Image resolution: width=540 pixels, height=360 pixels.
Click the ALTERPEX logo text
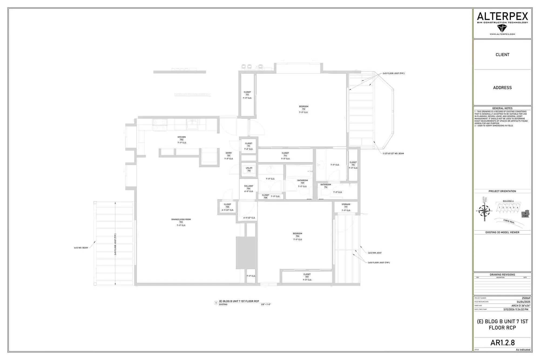tap(502, 17)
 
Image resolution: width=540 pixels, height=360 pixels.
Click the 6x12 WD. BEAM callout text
tap(81, 248)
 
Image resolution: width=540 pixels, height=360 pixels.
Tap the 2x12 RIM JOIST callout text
tap(375, 253)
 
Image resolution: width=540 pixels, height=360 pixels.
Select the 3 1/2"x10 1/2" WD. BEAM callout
tap(393, 153)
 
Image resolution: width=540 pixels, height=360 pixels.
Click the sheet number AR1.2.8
tap(502, 342)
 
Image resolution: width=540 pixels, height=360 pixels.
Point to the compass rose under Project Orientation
tap(485, 211)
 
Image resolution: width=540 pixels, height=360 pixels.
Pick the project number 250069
tap(526, 298)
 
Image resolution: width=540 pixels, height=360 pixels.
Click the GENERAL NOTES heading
tap(502, 108)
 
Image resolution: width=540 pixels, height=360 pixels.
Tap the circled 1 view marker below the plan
tap(216, 303)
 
